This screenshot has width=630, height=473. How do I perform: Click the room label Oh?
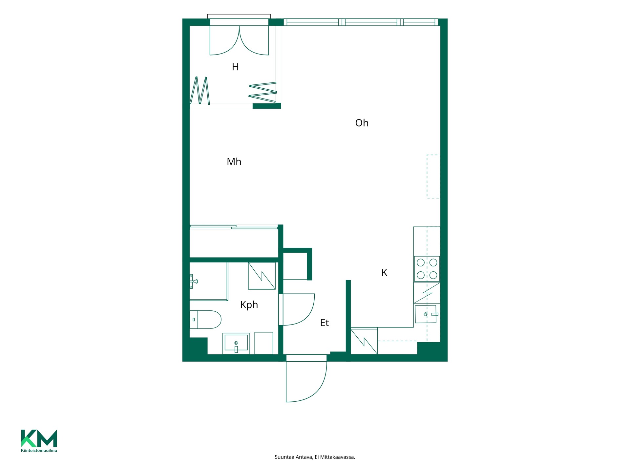coord(362,123)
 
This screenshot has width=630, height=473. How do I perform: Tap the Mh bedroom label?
coord(234,162)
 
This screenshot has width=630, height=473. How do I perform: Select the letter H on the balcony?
coord(235,67)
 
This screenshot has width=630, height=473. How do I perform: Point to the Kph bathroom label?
coord(249,305)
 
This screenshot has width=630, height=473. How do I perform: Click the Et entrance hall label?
coord(325,323)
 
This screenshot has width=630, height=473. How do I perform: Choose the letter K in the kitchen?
coord(384,273)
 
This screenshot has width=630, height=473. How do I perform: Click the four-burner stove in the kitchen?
coord(427,269)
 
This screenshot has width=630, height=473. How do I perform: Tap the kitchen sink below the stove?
coord(426,314)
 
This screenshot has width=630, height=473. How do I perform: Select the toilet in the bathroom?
coord(205,320)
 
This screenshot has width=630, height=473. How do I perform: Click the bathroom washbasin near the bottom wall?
coord(236,344)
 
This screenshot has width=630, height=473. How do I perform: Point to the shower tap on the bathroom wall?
coord(193,282)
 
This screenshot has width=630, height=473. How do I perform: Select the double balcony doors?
coord(239,40)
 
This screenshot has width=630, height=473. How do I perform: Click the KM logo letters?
coord(39,438)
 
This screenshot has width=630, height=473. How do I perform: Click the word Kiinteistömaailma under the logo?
coord(39,450)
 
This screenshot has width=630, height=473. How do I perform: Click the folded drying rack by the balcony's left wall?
coord(200,91)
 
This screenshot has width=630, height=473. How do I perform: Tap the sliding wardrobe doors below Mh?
coord(234,227)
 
